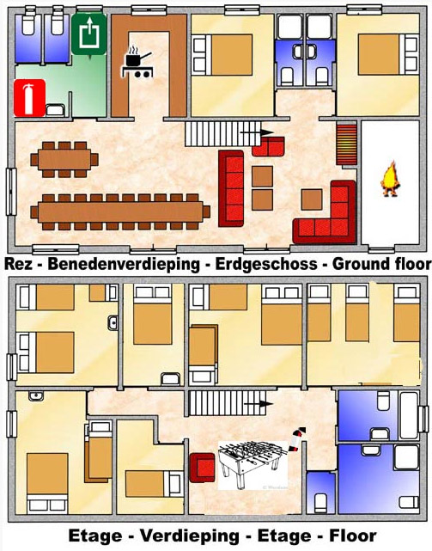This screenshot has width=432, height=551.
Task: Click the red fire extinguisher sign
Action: (29, 98)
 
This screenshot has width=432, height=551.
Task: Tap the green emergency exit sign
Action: (88, 34)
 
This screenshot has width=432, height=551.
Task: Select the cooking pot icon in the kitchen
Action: (137, 62)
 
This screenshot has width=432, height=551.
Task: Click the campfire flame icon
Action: (390, 179)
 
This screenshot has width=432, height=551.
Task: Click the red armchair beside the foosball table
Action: (203, 468)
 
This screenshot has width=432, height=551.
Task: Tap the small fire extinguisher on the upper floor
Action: (297, 439)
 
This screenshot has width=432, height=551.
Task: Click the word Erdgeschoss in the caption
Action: (266, 264)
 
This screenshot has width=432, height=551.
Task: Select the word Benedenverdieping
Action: (124, 265)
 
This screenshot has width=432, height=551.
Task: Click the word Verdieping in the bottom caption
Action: (190, 536)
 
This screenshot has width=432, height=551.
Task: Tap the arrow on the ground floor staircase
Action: (257, 132)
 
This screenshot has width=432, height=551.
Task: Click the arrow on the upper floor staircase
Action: (259, 404)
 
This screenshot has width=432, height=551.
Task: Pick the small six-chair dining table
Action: (64, 160)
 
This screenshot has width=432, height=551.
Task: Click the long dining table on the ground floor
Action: (120, 212)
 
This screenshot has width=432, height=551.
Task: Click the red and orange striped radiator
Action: (347, 144)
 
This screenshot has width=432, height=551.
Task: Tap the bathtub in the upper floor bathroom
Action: (409, 416)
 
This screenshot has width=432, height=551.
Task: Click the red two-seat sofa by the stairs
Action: (268, 146)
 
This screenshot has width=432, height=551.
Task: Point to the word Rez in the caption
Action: (18, 264)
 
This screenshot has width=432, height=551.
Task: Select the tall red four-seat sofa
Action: (231, 188)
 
